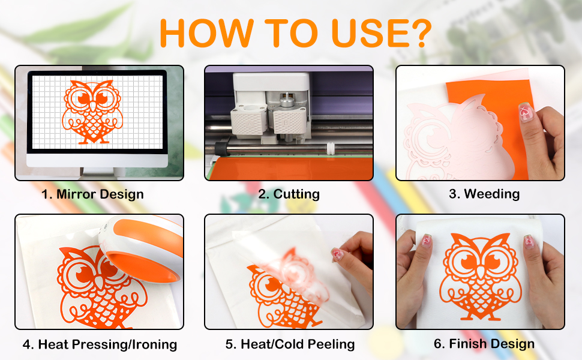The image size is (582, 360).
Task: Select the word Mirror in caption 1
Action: [x=76, y=194]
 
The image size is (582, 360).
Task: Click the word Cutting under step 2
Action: [x=296, y=194]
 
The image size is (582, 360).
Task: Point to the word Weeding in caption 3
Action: [x=491, y=194]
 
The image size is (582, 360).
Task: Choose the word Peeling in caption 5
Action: [x=331, y=344]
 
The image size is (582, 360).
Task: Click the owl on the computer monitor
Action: [x=92, y=112]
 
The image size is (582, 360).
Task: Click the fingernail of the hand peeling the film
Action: [x=338, y=254]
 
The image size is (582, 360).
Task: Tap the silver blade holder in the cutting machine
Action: [x=286, y=101]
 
